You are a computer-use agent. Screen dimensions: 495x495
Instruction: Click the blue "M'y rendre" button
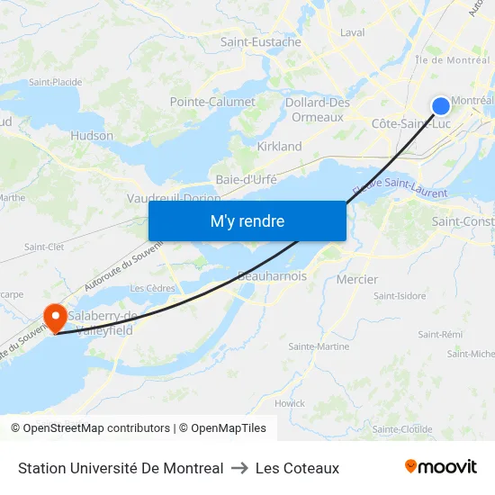(x=247, y=220)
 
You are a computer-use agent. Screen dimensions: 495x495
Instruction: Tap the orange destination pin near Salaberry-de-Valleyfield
(x=54, y=316)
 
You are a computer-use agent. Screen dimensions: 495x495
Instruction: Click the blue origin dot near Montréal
(x=441, y=106)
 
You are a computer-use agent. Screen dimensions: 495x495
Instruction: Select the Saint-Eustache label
(x=261, y=41)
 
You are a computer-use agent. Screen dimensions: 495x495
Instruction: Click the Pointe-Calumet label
(x=212, y=102)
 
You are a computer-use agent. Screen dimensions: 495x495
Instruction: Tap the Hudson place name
(x=92, y=136)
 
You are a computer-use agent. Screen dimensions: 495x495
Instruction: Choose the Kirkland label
(x=279, y=146)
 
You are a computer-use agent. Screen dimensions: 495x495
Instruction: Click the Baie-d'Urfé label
(x=246, y=179)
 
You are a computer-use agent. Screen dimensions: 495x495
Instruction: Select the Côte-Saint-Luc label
(x=411, y=123)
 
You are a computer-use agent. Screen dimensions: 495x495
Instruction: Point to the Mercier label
(x=356, y=279)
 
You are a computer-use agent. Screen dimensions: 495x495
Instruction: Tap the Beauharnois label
(x=273, y=276)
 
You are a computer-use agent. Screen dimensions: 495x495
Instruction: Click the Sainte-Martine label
(x=319, y=346)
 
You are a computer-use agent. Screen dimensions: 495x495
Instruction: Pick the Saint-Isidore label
(x=400, y=295)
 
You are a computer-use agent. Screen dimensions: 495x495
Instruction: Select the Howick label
(x=290, y=403)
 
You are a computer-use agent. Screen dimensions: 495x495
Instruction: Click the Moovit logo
(x=441, y=467)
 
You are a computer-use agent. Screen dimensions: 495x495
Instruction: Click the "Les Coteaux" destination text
(x=297, y=468)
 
